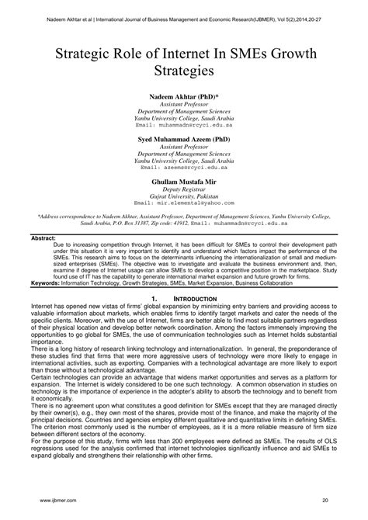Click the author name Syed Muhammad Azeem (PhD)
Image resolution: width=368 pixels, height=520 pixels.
(x=184, y=139)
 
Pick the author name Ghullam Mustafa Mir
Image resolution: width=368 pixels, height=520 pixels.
(x=184, y=182)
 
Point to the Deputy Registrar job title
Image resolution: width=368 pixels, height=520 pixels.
(x=184, y=191)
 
